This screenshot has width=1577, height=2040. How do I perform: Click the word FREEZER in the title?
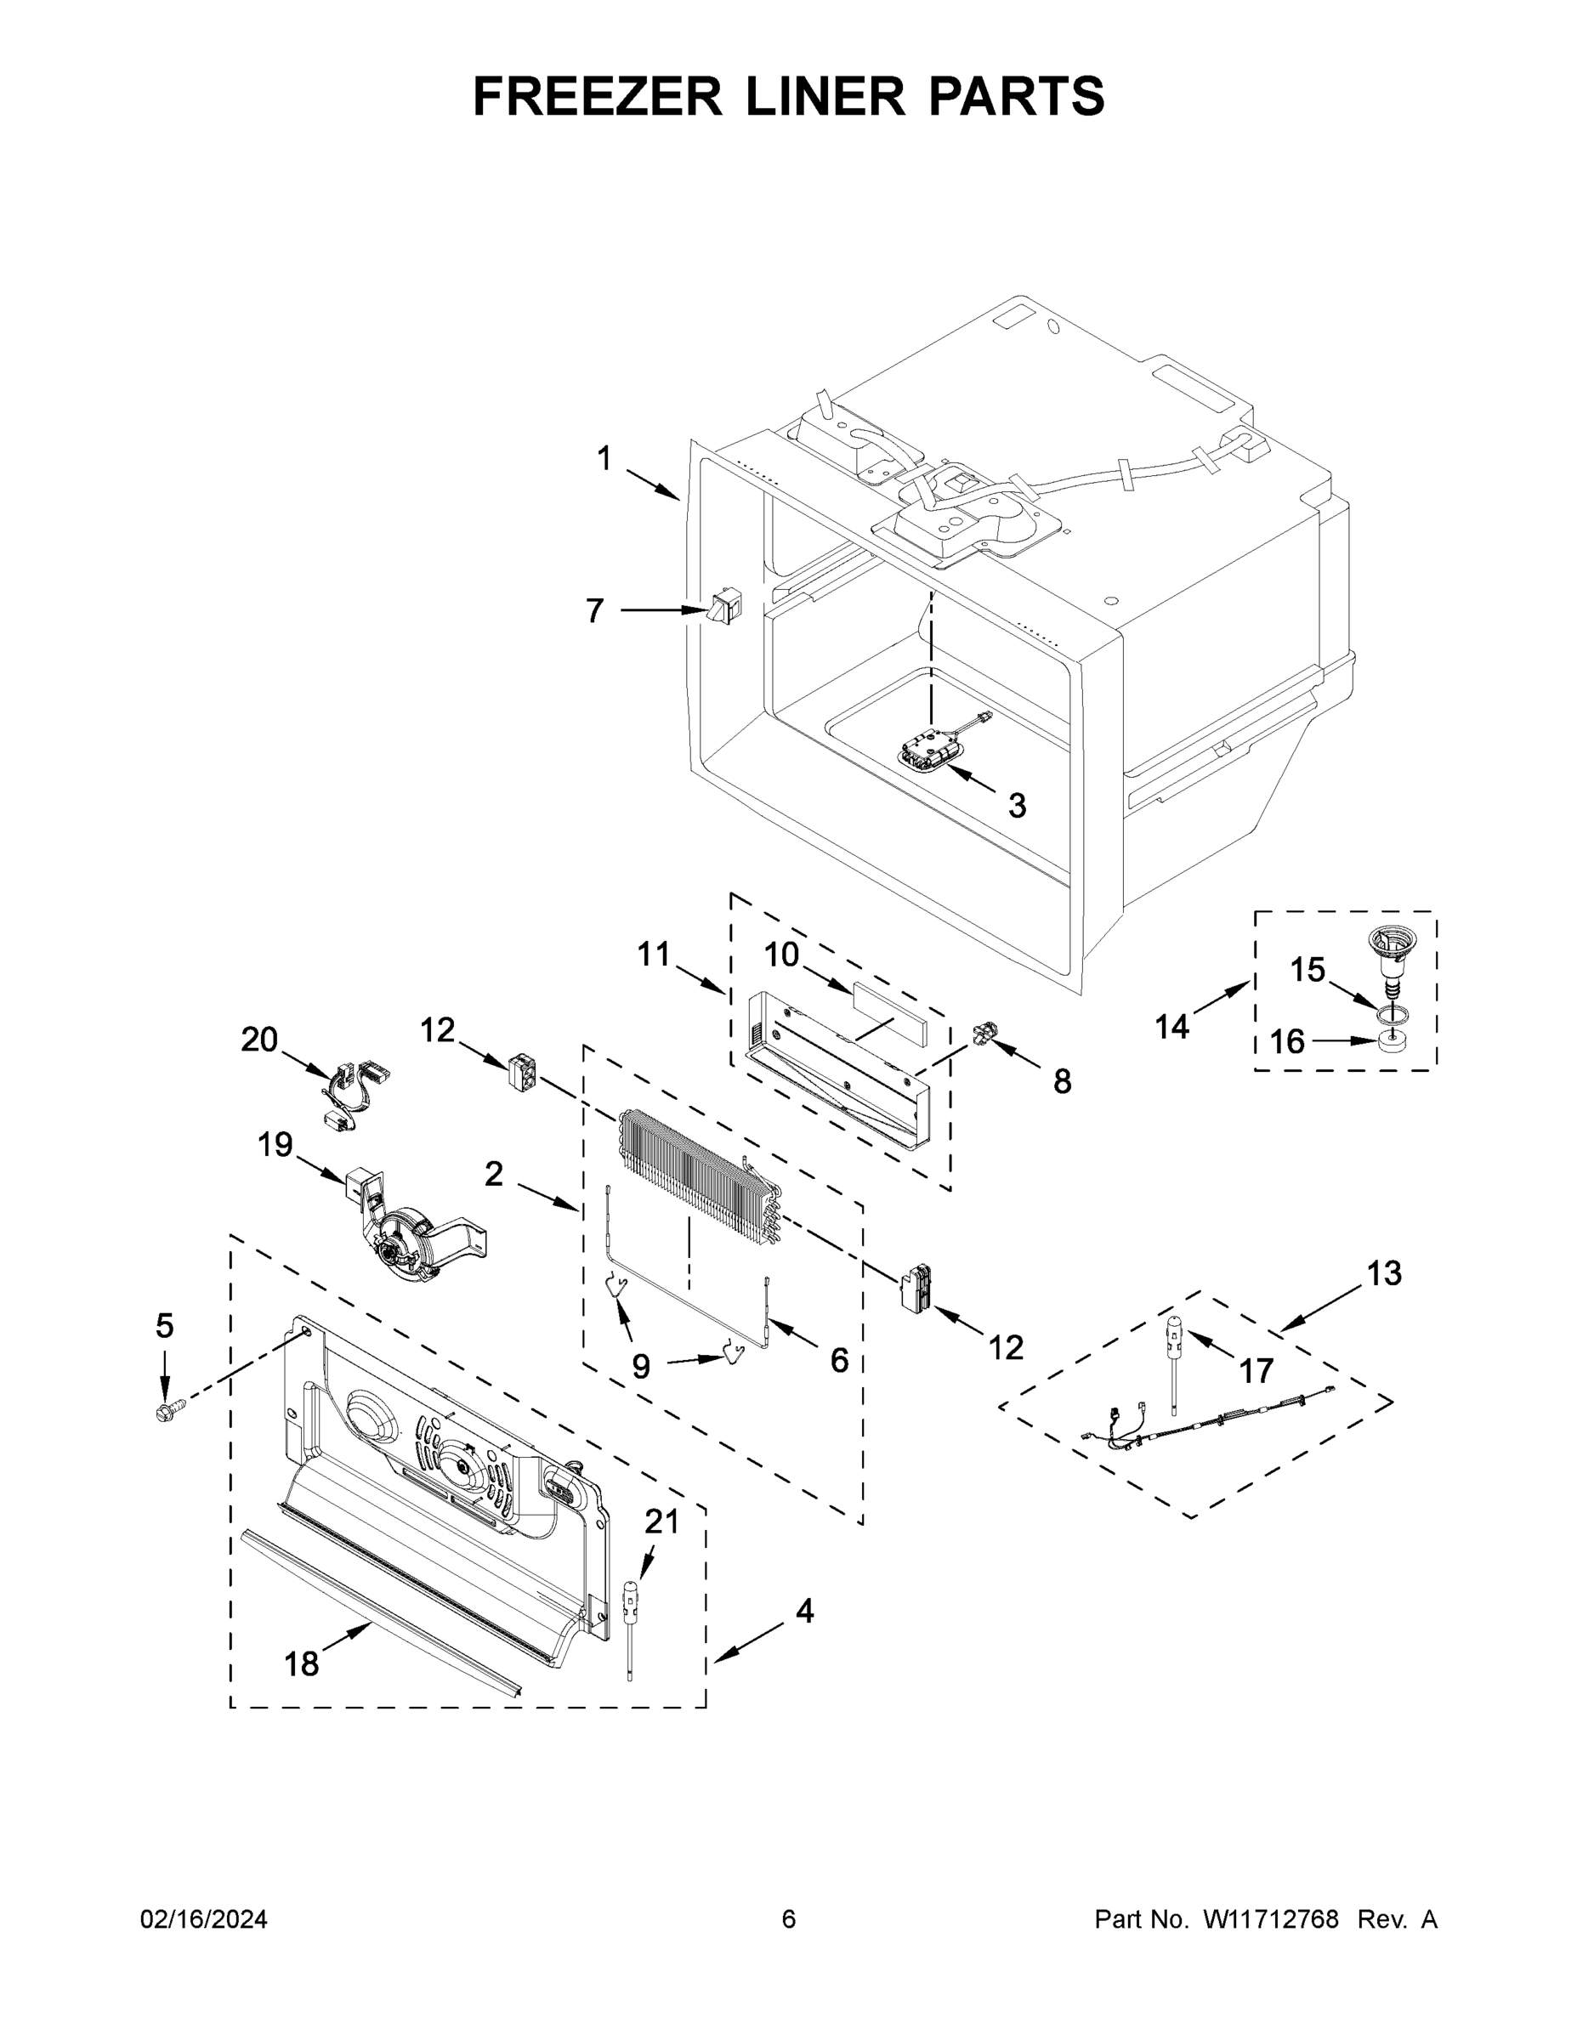click(x=597, y=96)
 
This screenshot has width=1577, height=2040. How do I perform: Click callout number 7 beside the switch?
click(x=594, y=611)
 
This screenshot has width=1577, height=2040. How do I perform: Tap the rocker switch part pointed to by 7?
click(x=725, y=607)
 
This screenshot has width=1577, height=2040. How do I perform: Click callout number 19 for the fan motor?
click(x=275, y=1144)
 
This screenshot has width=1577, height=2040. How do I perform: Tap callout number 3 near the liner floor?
click(x=1018, y=805)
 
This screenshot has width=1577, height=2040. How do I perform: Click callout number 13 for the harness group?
click(x=1385, y=1272)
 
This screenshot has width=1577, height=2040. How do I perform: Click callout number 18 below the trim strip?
click(x=302, y=1663)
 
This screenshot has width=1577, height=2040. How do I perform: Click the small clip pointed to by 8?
click(x=983, y=1033)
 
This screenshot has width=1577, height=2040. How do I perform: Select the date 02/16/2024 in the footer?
click(x=204, y=1919)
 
